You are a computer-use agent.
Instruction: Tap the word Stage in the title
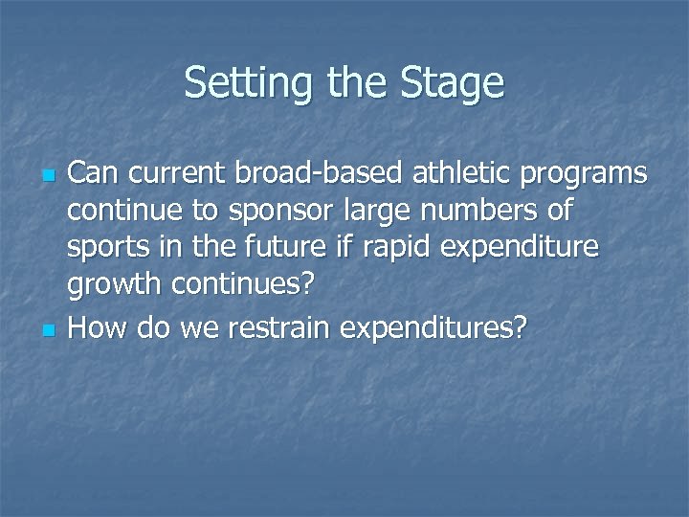point(454,83)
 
